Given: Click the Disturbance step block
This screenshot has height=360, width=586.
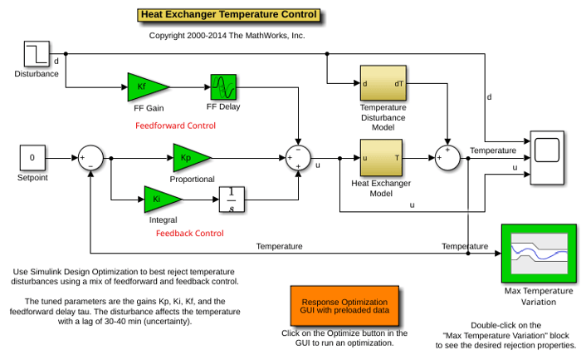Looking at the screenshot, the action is pyautogui.click(x=37, y=54).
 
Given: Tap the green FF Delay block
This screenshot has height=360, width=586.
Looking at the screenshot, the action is pyautogui.click(x=223, y=87).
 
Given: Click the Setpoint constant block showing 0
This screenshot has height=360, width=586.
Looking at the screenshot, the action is pyautogui.click(x=32, y=158).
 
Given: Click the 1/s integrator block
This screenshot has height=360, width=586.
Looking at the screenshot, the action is pyautogui.click(x=232, y=200).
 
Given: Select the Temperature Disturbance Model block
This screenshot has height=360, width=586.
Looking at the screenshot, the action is pyautogui.click(x=383, y=83).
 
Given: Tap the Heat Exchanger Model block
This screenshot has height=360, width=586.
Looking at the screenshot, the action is pyautogui.click(x=381, y=157).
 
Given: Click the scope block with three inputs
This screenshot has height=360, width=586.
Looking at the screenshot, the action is pyautogui.click(x=547, y=157).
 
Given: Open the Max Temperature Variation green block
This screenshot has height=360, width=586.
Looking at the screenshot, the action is pyautogui.click(x=539, y=254).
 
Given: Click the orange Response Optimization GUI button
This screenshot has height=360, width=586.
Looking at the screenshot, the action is pyautogui.click(x=344, y=306).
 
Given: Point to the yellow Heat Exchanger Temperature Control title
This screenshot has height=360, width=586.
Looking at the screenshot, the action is pyautogui.click(x=229, y=15).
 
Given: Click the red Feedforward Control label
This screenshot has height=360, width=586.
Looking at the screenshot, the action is pyautogui.click(x=175, y=126).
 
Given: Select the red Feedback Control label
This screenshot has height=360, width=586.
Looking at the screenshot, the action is pyautogui.click(x=190, y=234).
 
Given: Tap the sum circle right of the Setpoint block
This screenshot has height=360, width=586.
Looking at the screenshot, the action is pyautogui.click(x=90, y=158).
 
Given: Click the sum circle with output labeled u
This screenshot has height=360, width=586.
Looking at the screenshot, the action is pyautogui.click(x=298, y=158).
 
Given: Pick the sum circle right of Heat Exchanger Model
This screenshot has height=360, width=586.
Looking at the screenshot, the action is pyautogui.click(x=447, y=158).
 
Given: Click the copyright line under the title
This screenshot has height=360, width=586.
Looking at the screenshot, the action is pyautogui.click(x=227, y=36).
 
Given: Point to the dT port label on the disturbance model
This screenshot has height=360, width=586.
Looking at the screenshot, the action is pyautogui.click(x=398, y=84).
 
